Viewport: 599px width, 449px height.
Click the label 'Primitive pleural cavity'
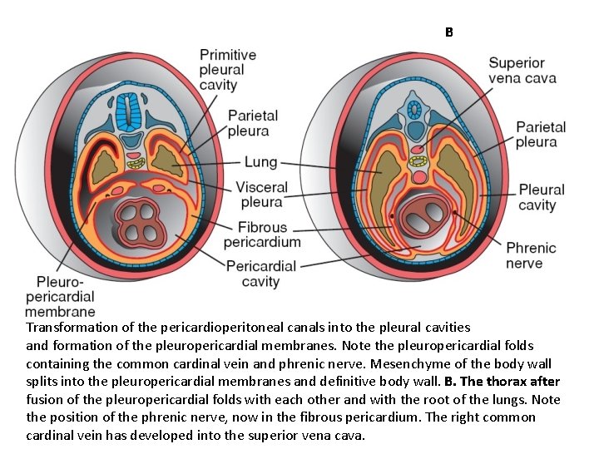tap(227, 70)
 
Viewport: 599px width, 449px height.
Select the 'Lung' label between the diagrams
tap(261, 163)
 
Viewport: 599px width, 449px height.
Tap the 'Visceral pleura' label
tap(262, 195)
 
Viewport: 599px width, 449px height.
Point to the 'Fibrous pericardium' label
tap(262, 234)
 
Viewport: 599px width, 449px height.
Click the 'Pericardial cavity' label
tap(261, 274)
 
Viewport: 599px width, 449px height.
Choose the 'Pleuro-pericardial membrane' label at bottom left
tap(60, 297)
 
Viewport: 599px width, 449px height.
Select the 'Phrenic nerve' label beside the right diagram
tap(531, 255)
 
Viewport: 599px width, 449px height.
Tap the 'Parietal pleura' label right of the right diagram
tap(541, 135)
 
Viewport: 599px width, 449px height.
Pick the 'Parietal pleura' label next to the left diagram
tap(249, 123)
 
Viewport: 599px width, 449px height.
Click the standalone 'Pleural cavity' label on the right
tap(541, 197)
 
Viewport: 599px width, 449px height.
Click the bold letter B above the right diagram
tap(448, 32)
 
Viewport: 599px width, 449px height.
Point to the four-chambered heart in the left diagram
tap(141, 220)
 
